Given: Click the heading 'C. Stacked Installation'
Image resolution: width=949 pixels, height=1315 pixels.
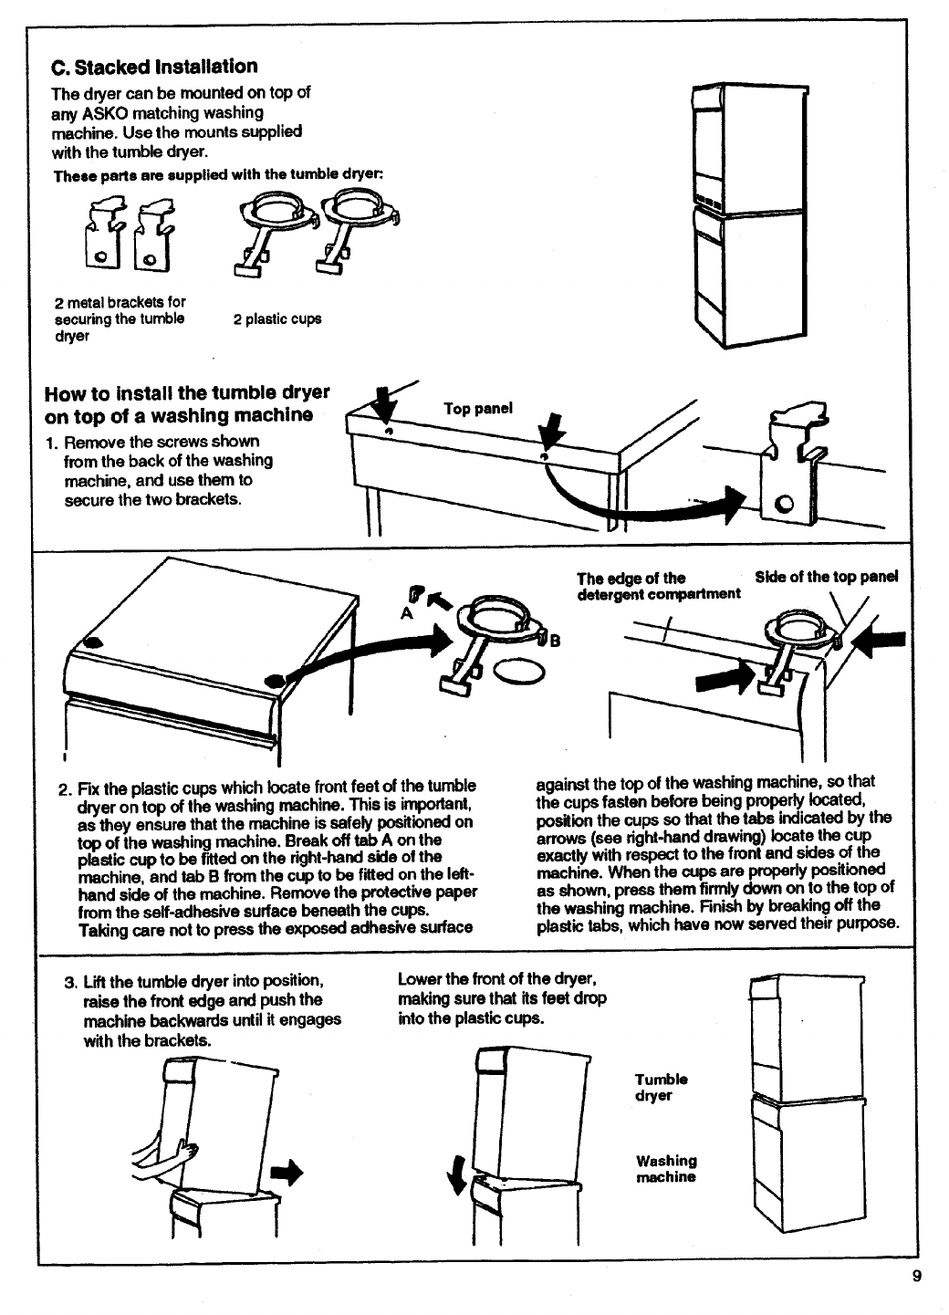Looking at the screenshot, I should point(154,67).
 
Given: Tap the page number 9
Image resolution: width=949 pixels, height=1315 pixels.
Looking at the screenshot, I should point(915,1277).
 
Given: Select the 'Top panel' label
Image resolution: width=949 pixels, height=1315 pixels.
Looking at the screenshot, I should point(478,408).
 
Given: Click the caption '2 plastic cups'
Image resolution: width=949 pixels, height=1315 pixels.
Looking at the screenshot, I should point(277,319).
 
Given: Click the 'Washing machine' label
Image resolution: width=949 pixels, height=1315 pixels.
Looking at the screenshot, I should point(666,1169).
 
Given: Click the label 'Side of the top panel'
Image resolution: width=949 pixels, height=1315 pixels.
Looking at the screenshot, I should point(826,577).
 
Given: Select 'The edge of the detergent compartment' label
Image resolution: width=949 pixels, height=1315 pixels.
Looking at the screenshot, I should point(658,586).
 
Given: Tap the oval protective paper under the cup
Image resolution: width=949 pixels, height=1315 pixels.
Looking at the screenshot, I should point(520,673).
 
